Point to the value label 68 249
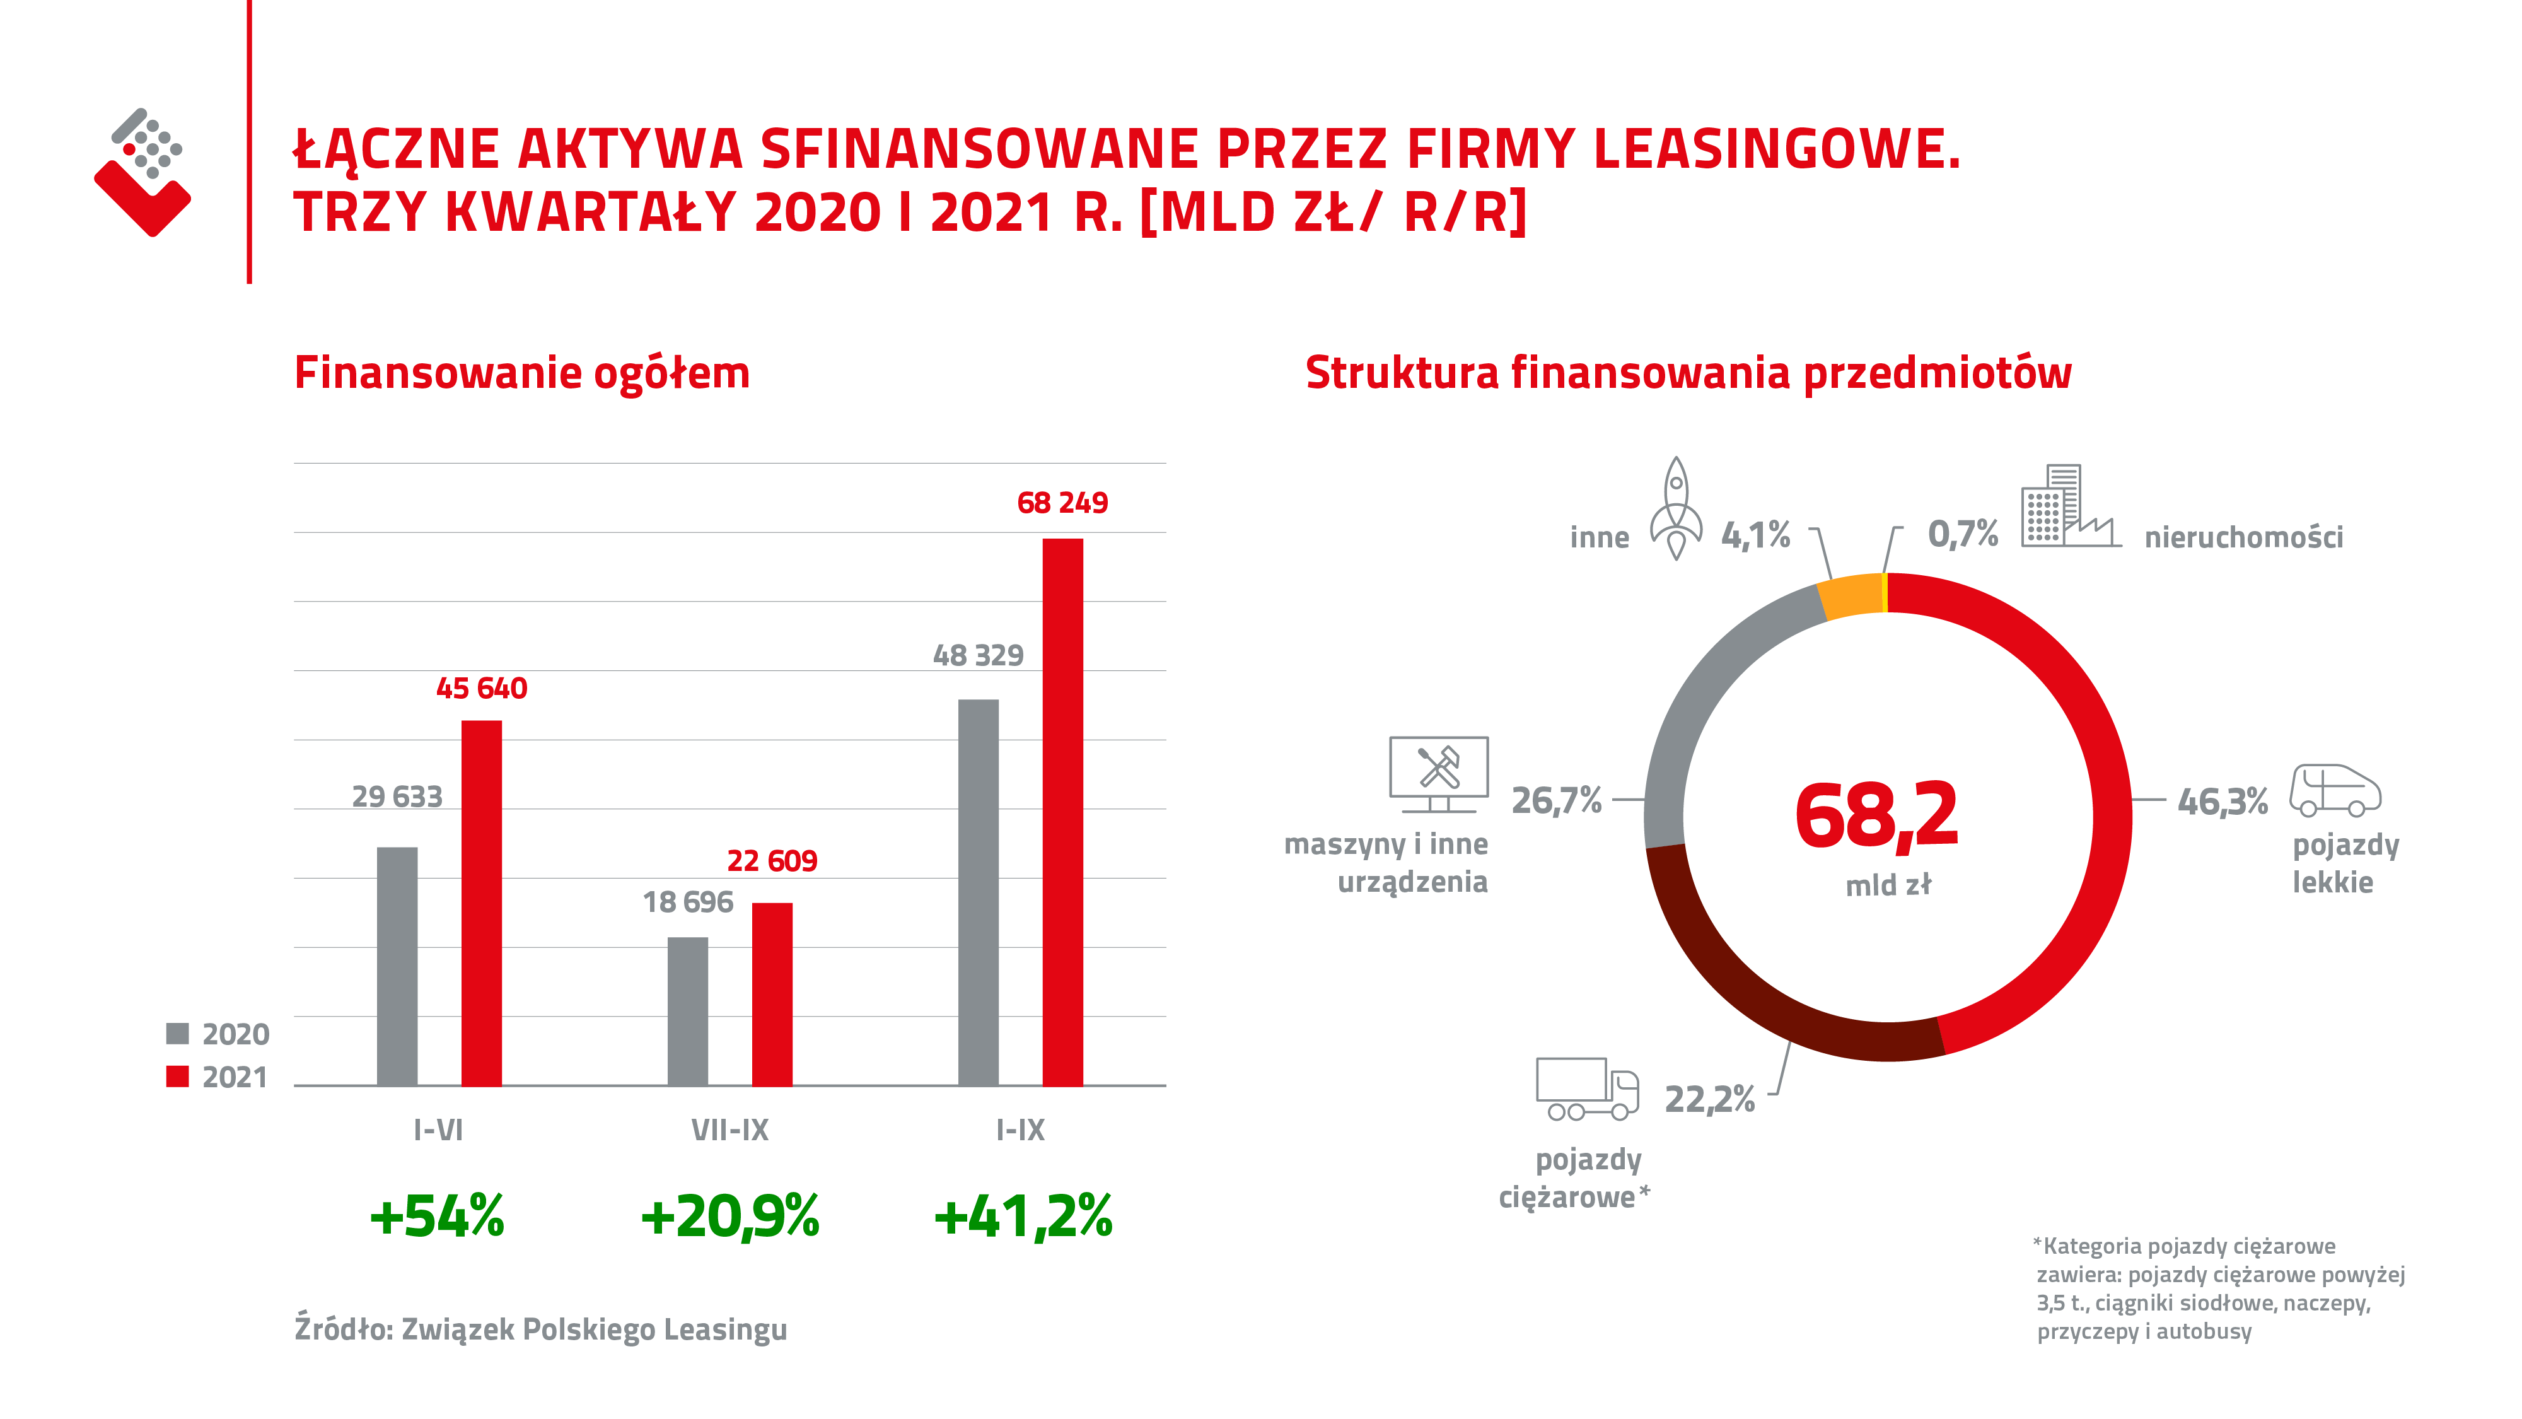click(1062, 503)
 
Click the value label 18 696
click(687, 902)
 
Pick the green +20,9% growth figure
click(729, 1217)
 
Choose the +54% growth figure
click(437, 1217)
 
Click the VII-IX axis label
click(729, 1130)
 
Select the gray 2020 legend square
click(177, 1033)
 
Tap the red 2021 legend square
click(177, 1077)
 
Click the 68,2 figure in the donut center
click(1876, 815)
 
